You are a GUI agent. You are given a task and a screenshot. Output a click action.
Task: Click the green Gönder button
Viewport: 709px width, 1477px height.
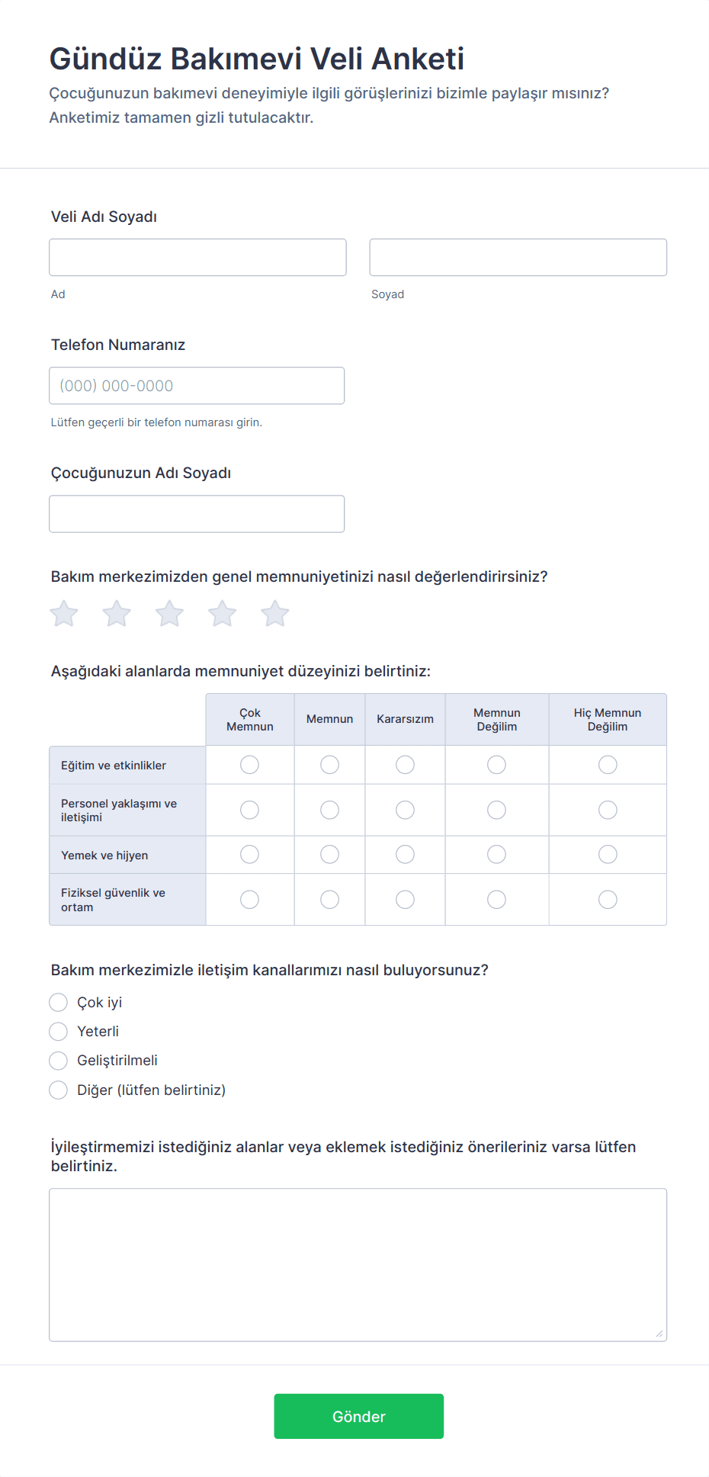point(358,1416)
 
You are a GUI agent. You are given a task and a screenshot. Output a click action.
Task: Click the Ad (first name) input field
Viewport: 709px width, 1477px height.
point(197,257)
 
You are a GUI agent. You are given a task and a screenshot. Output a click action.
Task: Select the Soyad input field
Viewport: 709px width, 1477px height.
point(518,257)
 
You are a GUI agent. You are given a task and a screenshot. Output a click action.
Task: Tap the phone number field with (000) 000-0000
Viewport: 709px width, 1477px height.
point(197,386)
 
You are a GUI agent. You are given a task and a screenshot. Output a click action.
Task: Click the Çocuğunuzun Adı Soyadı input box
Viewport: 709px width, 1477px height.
point(197,514)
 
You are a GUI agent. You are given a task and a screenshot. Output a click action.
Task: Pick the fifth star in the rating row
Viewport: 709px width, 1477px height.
point(275,613)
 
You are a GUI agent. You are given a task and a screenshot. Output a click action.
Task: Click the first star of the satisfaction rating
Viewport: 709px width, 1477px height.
point(64,613)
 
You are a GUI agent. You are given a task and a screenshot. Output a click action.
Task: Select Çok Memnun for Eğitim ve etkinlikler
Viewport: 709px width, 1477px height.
point(249,765)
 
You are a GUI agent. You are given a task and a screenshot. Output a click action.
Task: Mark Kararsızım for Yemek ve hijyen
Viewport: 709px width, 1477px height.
point(405,855)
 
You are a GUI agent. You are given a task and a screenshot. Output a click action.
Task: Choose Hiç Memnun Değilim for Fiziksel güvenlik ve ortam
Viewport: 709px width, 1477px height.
point(608,900)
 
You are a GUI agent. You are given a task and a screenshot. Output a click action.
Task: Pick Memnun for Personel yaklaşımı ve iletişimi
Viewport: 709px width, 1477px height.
point(329,810)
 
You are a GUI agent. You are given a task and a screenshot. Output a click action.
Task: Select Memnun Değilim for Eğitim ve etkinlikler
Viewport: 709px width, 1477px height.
point(496,765)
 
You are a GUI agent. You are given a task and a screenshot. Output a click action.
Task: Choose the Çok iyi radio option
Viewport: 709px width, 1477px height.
point(59,1002)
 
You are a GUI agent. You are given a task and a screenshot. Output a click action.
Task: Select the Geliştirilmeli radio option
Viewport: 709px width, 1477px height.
point(59,1061)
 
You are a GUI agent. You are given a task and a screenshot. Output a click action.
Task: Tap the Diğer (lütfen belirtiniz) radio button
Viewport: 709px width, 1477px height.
point(59,1090)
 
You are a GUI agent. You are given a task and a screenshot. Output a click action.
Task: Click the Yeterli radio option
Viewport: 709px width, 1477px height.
point(59,1032)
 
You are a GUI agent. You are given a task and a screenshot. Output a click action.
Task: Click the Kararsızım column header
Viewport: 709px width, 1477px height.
point(405,719)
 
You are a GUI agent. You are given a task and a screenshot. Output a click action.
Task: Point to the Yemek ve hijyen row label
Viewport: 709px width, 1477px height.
point(104,856)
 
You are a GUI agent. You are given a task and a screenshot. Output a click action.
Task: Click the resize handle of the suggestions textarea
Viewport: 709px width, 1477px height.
point(659,1334)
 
